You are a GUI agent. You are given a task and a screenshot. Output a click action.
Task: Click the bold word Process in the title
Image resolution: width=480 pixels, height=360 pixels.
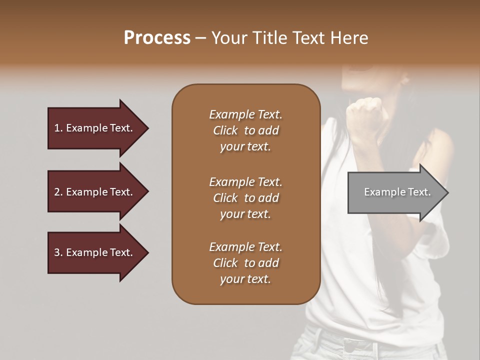157,38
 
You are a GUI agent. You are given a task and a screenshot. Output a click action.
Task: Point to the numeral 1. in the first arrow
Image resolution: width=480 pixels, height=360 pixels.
58,128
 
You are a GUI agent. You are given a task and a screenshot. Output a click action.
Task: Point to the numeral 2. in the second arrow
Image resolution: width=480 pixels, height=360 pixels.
58,192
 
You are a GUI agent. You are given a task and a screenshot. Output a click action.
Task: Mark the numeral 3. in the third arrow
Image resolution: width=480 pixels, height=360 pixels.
58,252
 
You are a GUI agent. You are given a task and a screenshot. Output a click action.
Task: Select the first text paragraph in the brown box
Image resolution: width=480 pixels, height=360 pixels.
245,130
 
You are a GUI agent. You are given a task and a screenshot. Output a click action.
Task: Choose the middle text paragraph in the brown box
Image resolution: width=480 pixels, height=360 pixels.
245,198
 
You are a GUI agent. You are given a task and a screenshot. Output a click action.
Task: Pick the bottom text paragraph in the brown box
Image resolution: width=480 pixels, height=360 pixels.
245,263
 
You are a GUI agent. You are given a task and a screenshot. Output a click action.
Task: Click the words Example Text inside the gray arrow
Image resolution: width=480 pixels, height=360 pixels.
397,192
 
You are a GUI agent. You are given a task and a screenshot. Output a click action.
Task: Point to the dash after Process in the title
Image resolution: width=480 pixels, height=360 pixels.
201,38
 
